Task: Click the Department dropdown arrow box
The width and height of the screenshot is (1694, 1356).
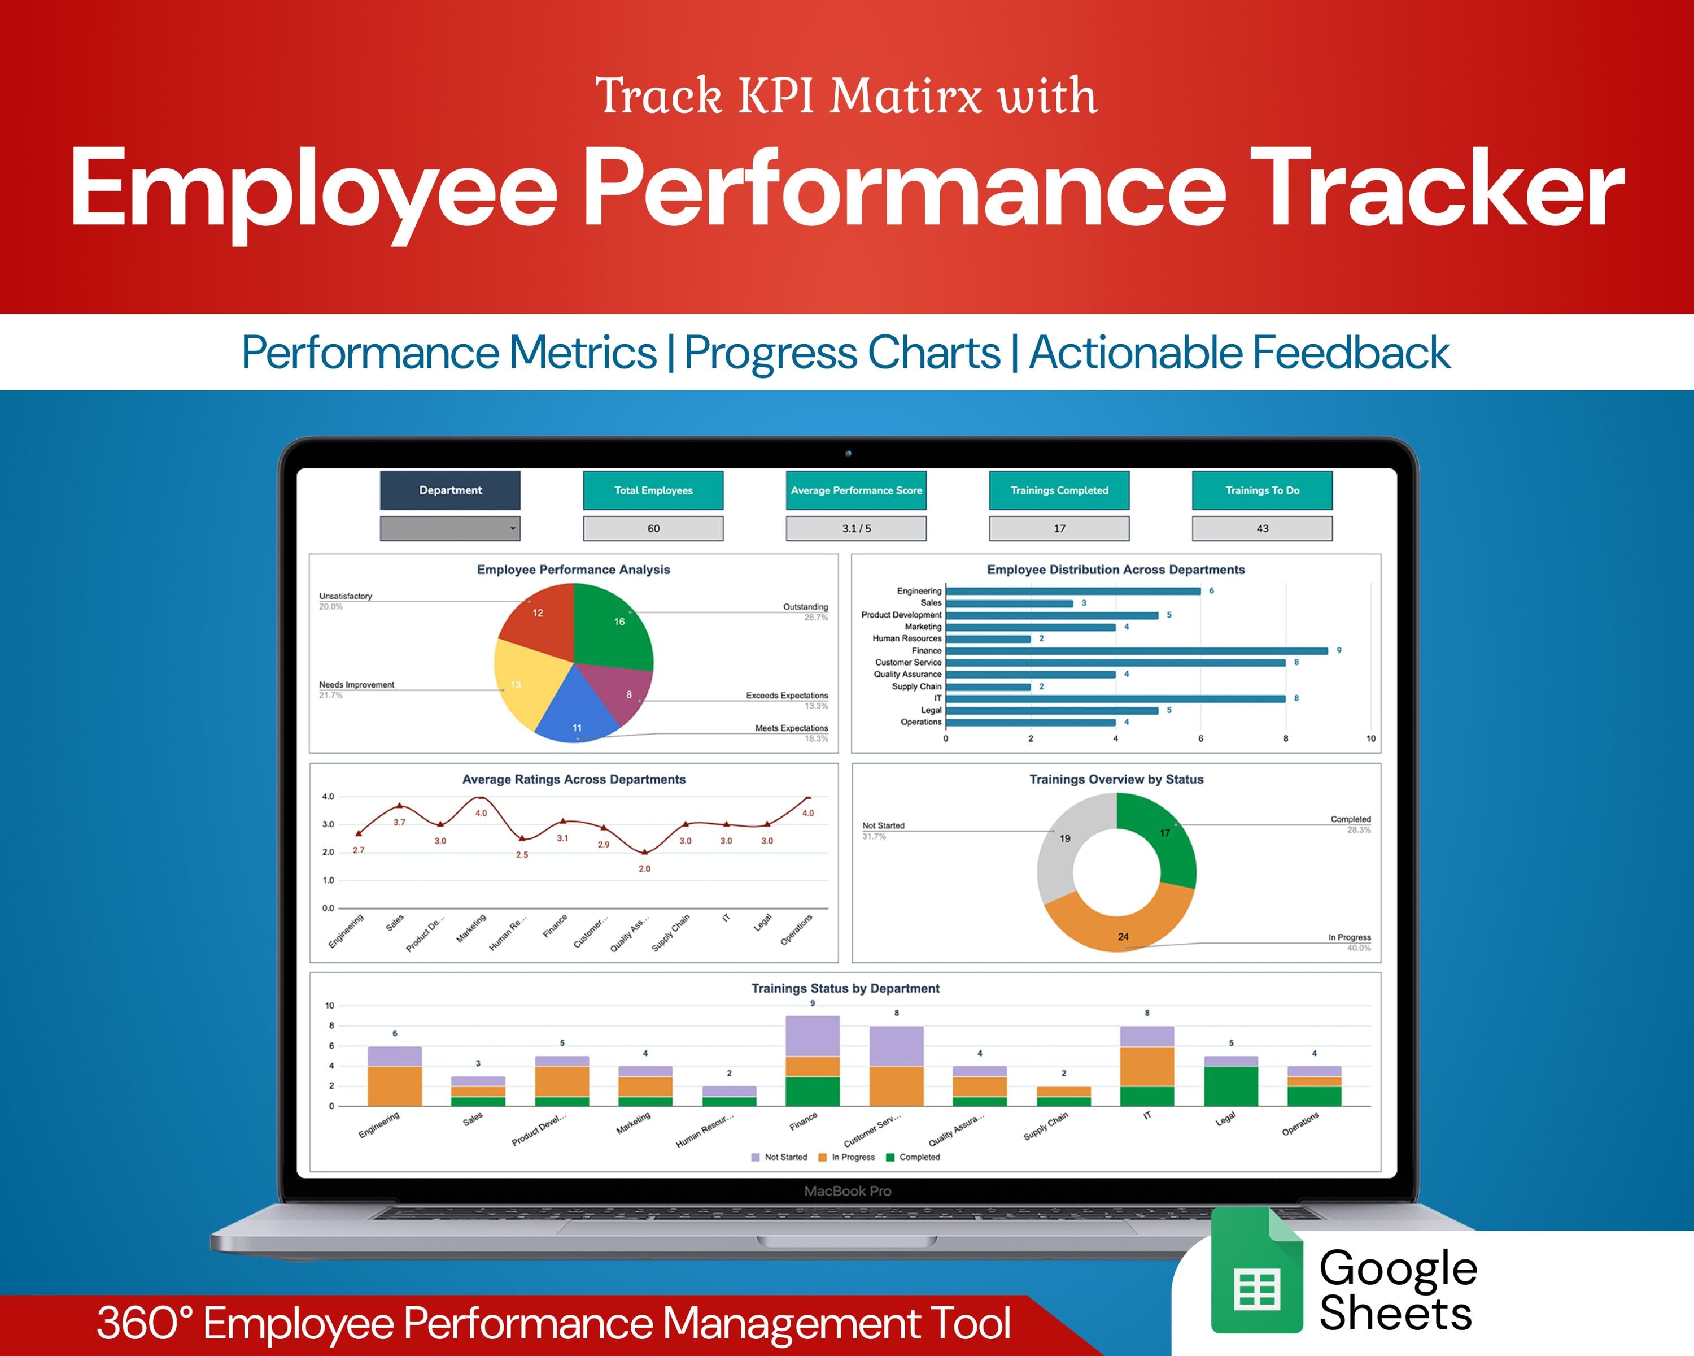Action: [450, 528]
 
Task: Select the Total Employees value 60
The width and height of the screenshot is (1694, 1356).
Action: [653, 528]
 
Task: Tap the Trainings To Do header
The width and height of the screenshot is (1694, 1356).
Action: [1262, 490]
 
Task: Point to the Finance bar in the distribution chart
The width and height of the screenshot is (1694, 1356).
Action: [1136, 651]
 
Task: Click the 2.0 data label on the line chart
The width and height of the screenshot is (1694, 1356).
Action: [644, 868]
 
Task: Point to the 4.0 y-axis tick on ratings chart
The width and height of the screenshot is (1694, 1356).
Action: [328, 796]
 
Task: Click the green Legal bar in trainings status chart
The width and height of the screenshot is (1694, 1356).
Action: [1230, 1086]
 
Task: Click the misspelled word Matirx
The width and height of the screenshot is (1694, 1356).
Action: [906, 97]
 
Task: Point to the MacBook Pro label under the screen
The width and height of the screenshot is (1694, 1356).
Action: [847, 1192]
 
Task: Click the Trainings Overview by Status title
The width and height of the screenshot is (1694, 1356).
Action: [1116, 780]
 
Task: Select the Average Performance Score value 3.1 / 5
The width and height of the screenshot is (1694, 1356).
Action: [855, 528]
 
